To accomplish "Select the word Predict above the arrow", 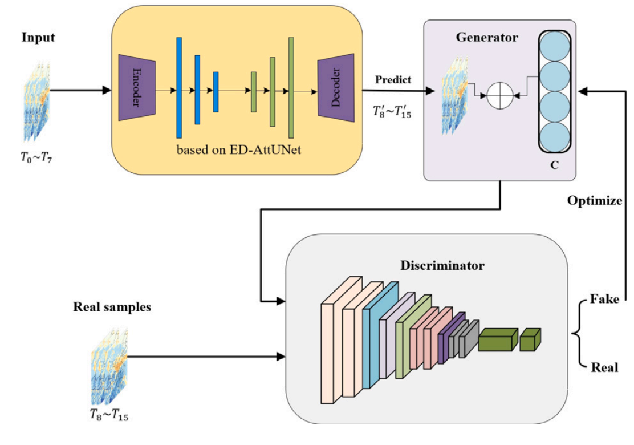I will pyautogui.click(x=393, y=79).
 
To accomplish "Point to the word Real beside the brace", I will pyautogui.click(x=604, y=367).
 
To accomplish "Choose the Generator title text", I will pyautogui.click(x=487, y=38).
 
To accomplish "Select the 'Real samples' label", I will pyautogui.click(x=112, y=307).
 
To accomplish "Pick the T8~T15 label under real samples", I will pyautogui.click(x=109, y=416).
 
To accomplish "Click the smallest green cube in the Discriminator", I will pyautogui.click(x=530, y=339).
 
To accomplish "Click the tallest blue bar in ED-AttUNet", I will pyautogui.click(x=178, y=87).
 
